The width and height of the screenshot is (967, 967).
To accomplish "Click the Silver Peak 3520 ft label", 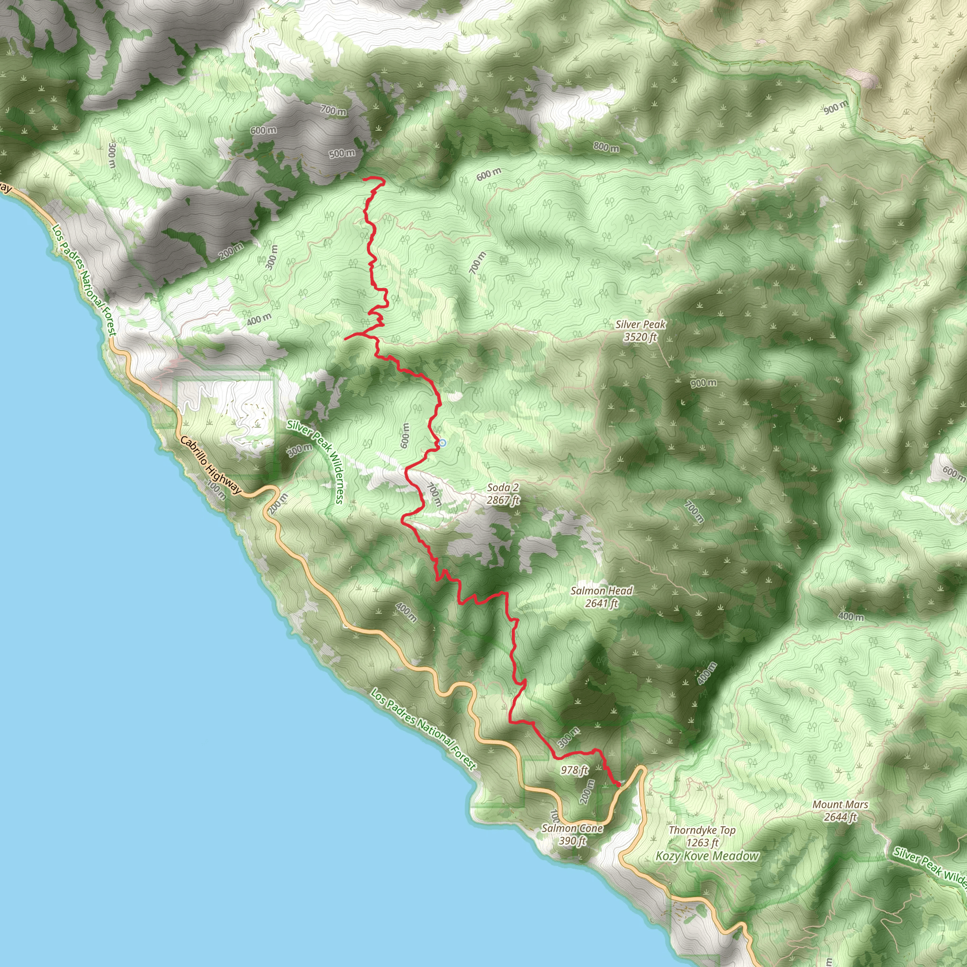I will tap(640, 331).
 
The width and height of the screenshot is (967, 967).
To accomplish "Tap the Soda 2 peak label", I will tap(503, 493).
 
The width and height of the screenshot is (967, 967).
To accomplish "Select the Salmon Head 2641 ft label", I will tap(602, 597).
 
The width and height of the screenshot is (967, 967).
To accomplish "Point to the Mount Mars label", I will tap(840, 810).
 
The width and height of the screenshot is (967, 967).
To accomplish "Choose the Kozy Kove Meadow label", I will tap(707, 856).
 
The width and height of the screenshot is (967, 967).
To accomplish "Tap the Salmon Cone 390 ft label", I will tap(572, 834).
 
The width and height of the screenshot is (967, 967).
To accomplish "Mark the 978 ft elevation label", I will tap(574, 770).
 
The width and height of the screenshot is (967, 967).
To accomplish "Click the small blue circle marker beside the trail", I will tap(442, 443).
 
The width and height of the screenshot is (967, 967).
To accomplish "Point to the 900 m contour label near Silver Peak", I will tap(703, 383).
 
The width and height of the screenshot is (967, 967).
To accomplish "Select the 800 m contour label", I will tap(606, 147).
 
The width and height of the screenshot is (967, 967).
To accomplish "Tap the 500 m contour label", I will tap(342, 153).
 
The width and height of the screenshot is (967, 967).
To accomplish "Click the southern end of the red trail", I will tap(619, 784).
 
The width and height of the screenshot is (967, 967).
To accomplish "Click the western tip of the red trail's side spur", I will tap(345, 339).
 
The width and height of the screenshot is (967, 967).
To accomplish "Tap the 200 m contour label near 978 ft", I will tap(587, 791).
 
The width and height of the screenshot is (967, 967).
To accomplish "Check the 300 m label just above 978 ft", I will tap(568, 736).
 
